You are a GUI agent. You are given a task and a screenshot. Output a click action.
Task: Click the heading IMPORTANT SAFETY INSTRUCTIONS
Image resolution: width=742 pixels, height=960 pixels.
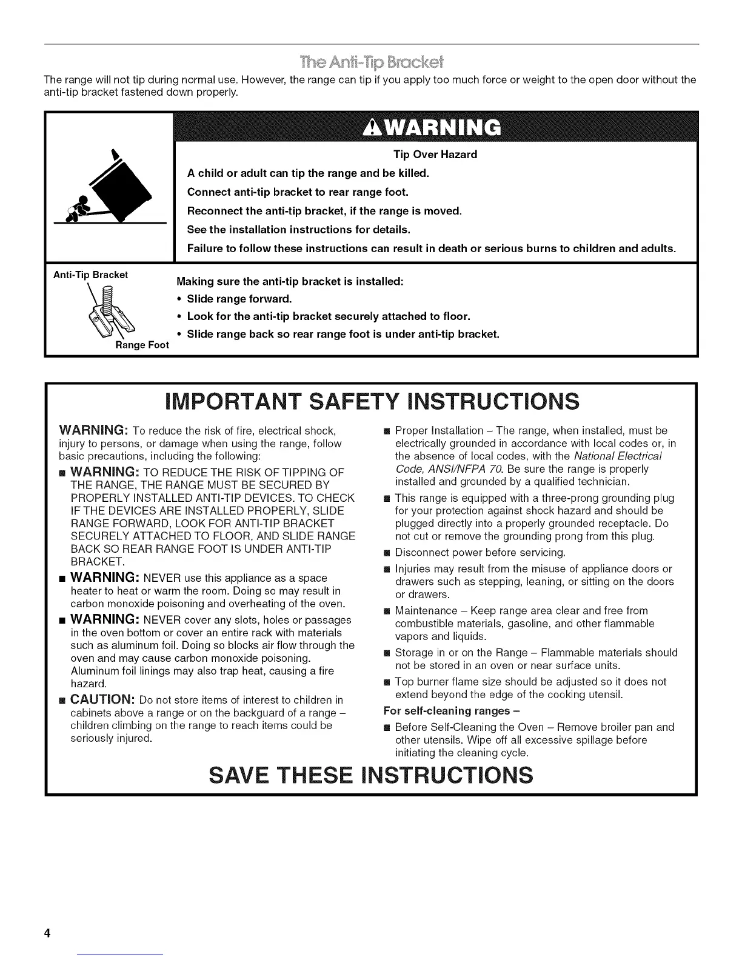(x=372, y=401)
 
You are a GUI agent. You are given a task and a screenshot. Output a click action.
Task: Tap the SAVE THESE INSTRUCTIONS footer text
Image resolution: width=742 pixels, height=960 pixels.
(x=371, y=775)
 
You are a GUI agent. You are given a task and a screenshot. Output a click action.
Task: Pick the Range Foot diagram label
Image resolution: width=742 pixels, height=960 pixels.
(x=142, y=345)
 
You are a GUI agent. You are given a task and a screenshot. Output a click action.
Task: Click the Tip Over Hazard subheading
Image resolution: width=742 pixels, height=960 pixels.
(x=435, y=155)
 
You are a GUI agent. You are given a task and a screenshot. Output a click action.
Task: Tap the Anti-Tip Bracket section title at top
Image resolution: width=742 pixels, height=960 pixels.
(x=371, y=62)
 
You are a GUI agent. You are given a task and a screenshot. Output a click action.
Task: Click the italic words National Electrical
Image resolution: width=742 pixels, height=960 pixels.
(x=618, y=456)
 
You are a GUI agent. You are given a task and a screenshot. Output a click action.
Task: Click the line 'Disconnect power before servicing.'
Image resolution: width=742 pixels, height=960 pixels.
(x=480, y=552)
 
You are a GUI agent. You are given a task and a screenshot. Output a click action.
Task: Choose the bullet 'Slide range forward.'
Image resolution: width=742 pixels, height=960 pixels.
(x=239, y=299)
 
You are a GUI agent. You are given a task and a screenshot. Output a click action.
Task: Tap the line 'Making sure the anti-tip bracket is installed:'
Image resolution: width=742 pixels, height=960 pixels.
(x=290, y=282)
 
